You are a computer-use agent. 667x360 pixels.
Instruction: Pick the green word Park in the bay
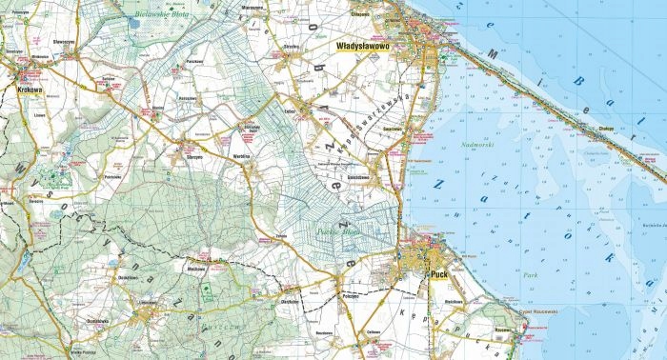pyautogui.click(x=530, y=275)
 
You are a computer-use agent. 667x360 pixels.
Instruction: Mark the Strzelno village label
pyautogui.click(x=293, y=45)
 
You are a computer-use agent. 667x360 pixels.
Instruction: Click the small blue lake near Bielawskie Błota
pyautogui.click(x=134, y=19)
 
